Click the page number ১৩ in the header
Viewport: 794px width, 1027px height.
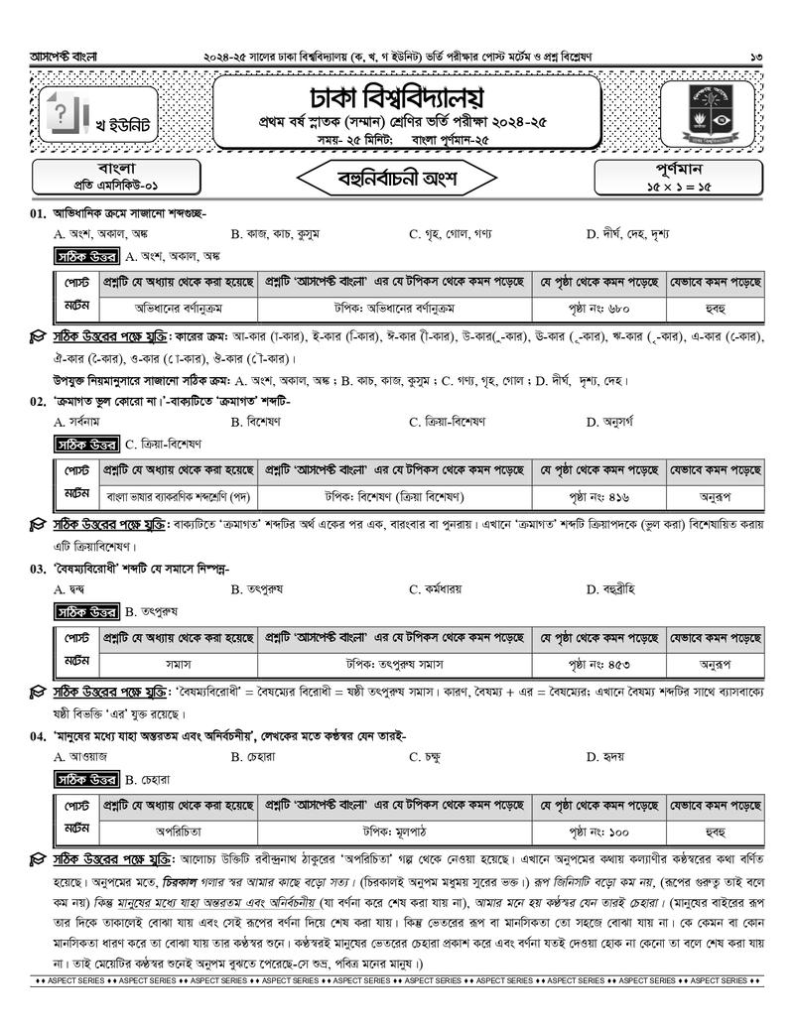click(756, 58)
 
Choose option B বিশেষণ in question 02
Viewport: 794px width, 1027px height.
click(263, 422)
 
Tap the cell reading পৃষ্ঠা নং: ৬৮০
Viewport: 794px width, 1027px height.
click(599, 307)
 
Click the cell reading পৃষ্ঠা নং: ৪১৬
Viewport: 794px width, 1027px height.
click(599, 496)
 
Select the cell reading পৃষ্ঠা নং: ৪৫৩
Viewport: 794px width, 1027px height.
click(599, 664)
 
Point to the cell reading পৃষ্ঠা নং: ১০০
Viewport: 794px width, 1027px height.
click(599, 832)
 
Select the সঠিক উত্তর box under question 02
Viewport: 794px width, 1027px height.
click(87, 445)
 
